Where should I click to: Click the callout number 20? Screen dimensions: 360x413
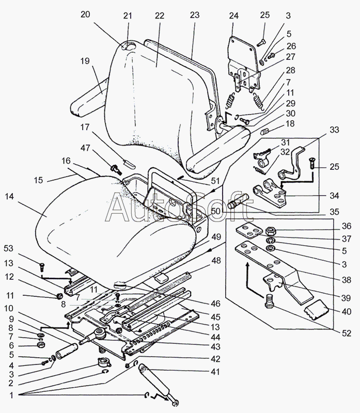[85, 14]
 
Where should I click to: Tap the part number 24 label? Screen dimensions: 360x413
[233, 15]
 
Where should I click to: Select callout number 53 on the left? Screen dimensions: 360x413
[8, 248]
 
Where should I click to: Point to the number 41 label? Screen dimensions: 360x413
[215, 372]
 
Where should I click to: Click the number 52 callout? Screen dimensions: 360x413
[346, 333]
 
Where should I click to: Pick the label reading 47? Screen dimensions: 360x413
[85, 148]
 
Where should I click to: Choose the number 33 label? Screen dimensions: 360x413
[334, 130]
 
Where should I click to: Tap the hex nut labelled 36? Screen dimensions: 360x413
[270, 231]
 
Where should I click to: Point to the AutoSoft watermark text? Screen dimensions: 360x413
[179, 207]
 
